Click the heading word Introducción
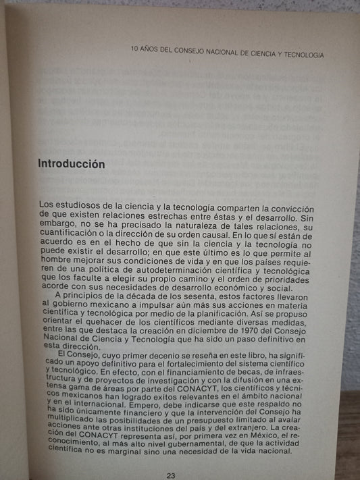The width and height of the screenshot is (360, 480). pos(71,164)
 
